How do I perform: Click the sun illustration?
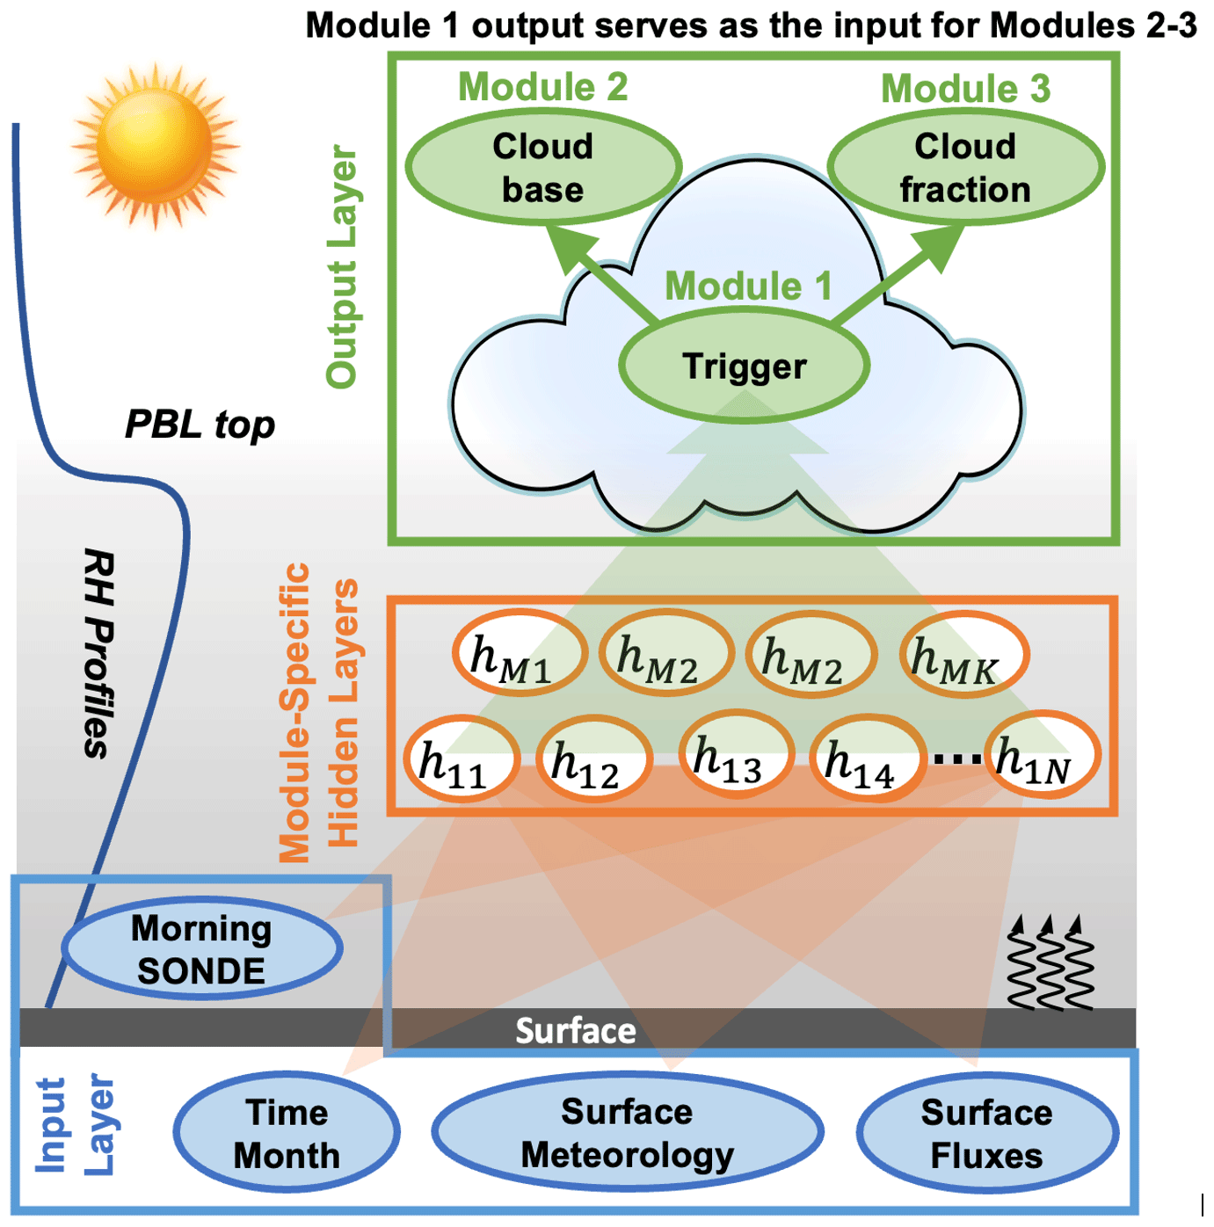pyautogui.click(x=156, y=145)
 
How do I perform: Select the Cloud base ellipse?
pyautogui.click(x=542, y=167)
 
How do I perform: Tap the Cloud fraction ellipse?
pyautogui.click(x=965, y=167)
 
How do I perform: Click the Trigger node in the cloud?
pyautogui.click(x=744, y=366)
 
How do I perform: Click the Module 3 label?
pyautogui.click(x=965, y=88)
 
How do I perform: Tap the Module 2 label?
pyautogui.click(x=542, y=86)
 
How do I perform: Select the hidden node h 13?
pyautogui.click(x=736, y=754)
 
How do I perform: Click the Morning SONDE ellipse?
pyautogui.click(x=201, y=949)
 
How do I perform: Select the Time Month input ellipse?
pyautogui.click(x=287, y=1133)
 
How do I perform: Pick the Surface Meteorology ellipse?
pyautogui.click(x=627, y=1133)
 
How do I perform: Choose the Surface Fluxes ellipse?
pyautogui.click(x=986, y=1133)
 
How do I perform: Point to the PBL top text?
pyautogui.click(x=200, y=425)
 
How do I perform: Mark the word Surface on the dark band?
pyautogui.click(x=575, y=1030)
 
